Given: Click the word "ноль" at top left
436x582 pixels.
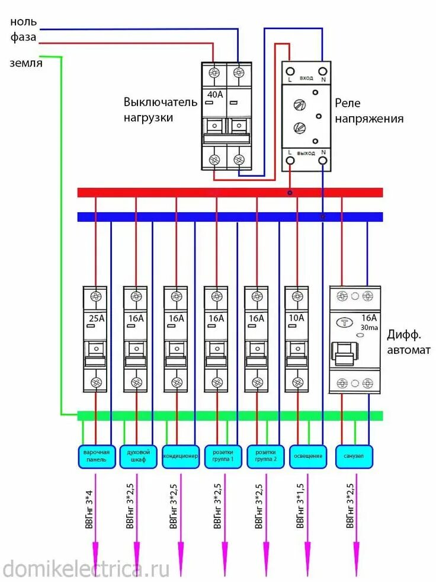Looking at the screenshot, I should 24,22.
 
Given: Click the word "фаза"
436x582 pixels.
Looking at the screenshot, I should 24,37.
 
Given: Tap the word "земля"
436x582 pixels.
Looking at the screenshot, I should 26,63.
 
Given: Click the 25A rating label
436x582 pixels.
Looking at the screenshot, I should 95,318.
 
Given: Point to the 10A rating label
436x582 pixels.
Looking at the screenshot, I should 296,318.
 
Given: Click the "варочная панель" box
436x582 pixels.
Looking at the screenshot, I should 95,456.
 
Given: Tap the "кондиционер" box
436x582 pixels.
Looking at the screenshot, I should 181,456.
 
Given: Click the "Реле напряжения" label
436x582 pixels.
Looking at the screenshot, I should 369,111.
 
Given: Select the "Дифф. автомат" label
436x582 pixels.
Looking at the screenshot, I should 409,342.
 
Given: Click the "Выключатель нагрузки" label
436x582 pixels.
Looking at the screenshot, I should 160,110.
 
